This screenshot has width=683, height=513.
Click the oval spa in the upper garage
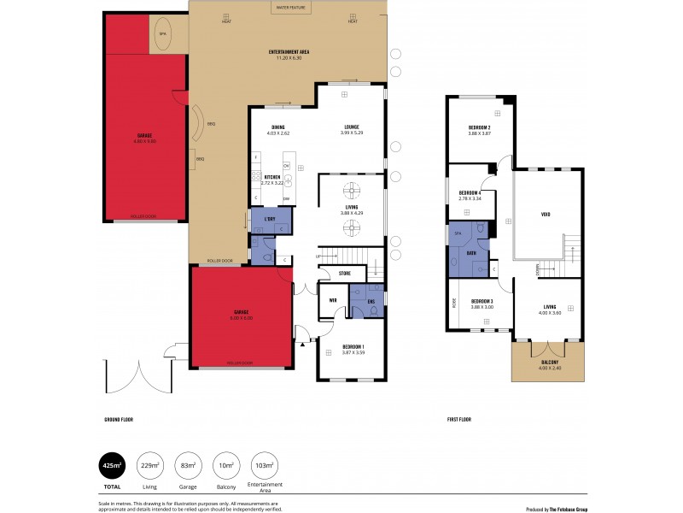pos(162,34)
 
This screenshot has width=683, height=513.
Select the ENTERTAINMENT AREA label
pos(289,52)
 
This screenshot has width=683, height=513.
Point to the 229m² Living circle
pos(151,465)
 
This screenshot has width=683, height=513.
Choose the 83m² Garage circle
pos(189,465)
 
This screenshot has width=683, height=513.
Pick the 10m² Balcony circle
pos(226,465)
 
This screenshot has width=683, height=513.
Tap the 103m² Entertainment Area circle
pos(266,465)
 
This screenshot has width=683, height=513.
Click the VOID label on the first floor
pos(546,215)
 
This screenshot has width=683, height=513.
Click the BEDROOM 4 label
pos(470,193)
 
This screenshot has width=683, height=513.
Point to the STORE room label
pos(345,274)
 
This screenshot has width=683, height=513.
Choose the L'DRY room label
pos(270,220)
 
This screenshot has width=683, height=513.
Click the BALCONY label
pos(550,363)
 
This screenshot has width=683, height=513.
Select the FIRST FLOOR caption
pos(459,420)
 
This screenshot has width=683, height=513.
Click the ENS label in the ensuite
pos(371,301)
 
